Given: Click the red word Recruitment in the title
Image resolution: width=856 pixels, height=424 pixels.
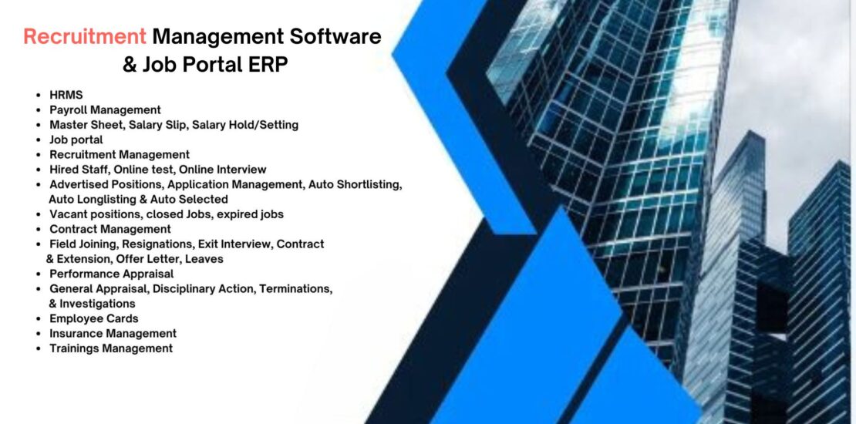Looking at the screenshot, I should click(85, 36).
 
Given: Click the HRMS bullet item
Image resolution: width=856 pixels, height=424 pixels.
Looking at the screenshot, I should click(66, 95).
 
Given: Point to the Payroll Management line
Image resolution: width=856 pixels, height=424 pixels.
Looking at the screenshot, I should click(105, 109).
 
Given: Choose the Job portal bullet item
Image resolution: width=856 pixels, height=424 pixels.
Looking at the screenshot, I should click(76, 140).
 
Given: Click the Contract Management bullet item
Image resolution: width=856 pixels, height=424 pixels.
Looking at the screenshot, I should click(110, 229).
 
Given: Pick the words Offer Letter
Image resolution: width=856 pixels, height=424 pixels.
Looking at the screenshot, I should click(148, 259).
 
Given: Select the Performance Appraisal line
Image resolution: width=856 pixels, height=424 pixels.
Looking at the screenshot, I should click(111, 274).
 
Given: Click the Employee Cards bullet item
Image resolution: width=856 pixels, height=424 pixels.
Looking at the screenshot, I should click(93, 318).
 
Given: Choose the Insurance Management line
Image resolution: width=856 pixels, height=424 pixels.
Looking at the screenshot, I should click(113, 333).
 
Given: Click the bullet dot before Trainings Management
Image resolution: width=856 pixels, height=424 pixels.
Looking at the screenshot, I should click(39, 348).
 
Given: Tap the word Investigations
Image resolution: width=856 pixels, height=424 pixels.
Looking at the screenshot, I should click(97, 304).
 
